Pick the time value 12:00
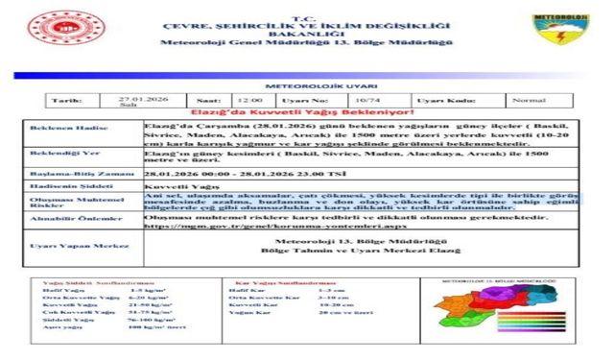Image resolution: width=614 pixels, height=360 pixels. [x=249, y=100]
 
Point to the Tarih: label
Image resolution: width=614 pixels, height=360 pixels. [x=66, y=100]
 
